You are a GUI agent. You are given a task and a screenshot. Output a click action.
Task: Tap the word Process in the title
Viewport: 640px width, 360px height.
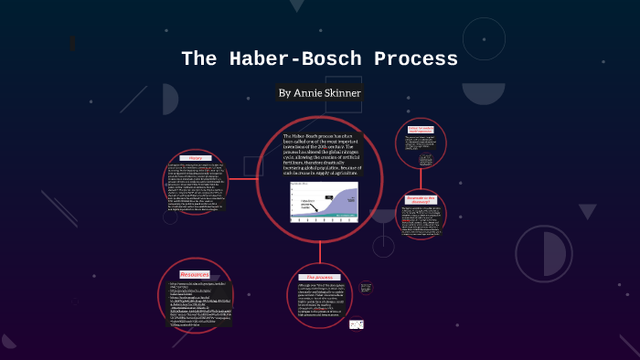click(x=408, y=59)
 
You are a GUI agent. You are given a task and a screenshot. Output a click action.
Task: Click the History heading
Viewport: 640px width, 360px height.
click(x=196, y=156)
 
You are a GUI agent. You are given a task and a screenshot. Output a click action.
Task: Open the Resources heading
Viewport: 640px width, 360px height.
click(x=194, y=274)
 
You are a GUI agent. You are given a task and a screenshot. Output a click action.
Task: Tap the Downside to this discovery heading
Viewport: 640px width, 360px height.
click(x=421, y=200)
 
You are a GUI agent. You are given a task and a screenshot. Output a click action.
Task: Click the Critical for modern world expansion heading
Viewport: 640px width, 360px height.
click(x=421, y=130)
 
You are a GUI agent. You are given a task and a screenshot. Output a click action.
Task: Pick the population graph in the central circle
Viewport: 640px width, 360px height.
click(x=322, y=199)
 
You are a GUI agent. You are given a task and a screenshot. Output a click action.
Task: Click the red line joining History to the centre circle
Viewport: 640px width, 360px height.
click(x=242, y=178)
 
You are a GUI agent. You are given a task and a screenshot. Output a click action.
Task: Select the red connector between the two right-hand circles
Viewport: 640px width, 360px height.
click(x=421, y=178)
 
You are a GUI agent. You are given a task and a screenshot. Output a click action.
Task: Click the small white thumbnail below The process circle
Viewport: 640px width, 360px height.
click(x=358, y=323)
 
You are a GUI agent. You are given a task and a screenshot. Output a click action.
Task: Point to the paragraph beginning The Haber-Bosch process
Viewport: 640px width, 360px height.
click(x=322, y=154)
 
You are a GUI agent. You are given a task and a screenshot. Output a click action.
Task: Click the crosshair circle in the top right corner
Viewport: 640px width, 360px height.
click(x=484, y=38)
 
